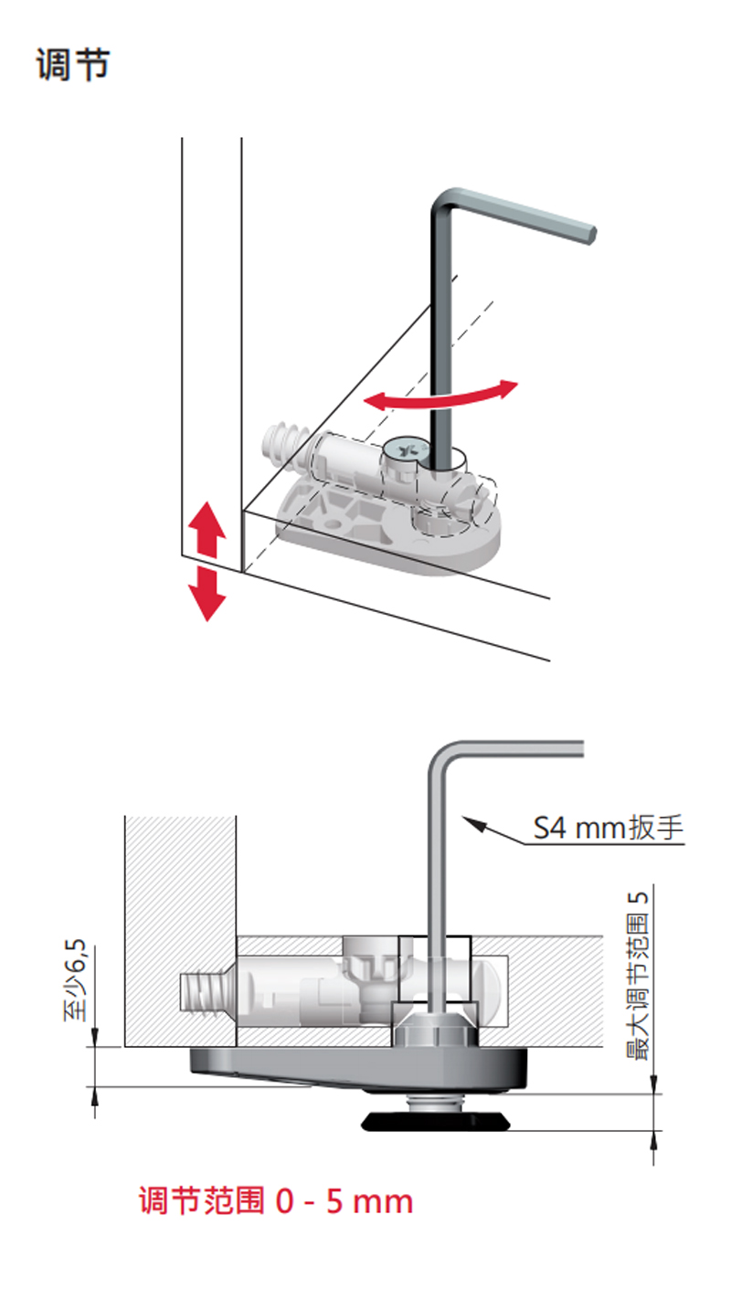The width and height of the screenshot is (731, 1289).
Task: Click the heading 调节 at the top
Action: click(x=73, y=65)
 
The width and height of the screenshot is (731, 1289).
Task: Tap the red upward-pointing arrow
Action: click(x=207, y=530)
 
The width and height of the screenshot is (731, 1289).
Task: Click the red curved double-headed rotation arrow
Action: click(x=440, y=395)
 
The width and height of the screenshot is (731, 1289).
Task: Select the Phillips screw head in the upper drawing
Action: click(x=405, y=449)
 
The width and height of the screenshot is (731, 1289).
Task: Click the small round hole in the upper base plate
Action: click(x=331, y=525)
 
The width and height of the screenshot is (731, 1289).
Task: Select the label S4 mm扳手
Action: click(x=609, y=829)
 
